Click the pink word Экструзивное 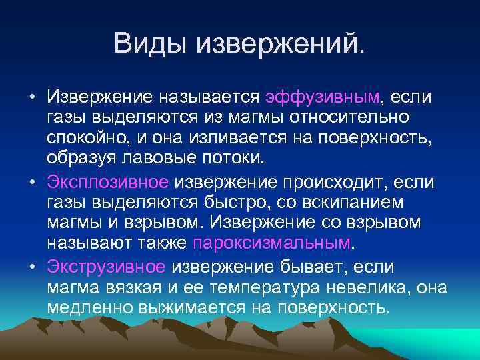coord(107,267)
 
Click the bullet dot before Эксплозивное coord(32,181)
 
